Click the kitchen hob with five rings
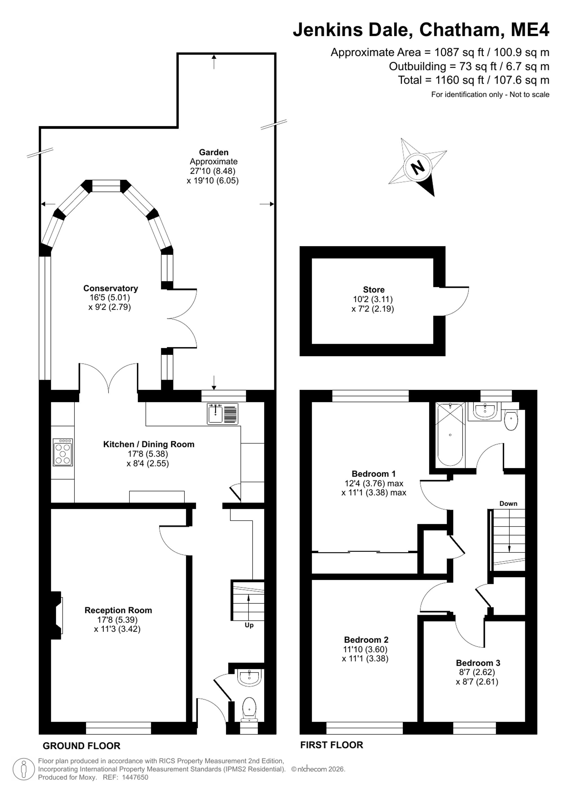[63, 452]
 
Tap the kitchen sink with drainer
[222, 414]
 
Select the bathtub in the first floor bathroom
[450, 434]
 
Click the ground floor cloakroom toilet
[249, 709]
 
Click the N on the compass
[418, 168]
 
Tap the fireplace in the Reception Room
[57, 615]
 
